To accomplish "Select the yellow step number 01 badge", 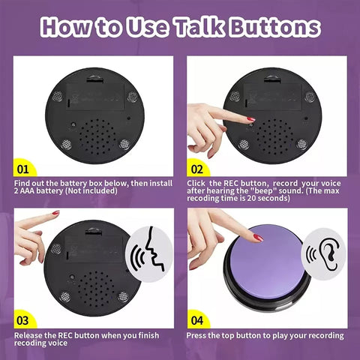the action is pyautogui.click(x=23, y=168).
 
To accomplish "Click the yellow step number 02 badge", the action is pyautogui.click(x=197, y=168).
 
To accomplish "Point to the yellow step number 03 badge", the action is pyautogui.click(x=23, y=319).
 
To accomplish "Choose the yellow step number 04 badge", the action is pyautogui.click(x=197, y=319).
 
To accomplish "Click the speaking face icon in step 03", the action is pyautogui.click(x=149, y=253).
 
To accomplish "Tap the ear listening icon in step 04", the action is pyautogui.click(x=323, y=253).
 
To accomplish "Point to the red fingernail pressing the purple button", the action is pyautogui.click(x=258, y=238).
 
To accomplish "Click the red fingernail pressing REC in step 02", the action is pyautogui.click(x=250, y=119).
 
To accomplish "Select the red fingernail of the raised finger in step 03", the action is pyautogui.click(x=55, y=213).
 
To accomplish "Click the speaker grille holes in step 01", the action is pyautogui.click(x=97, y=136).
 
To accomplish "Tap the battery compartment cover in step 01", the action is pyautogui.click(x=95, y=96).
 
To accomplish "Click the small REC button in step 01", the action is pyautogui.click(x=73, y=124).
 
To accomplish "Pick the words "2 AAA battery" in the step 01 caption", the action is pyautogui.click(x=39, y=191).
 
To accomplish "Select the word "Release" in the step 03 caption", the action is pyautogui.click(x=28, y=335).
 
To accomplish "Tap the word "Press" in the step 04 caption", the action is pyautogui.click(x=197, y=335).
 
